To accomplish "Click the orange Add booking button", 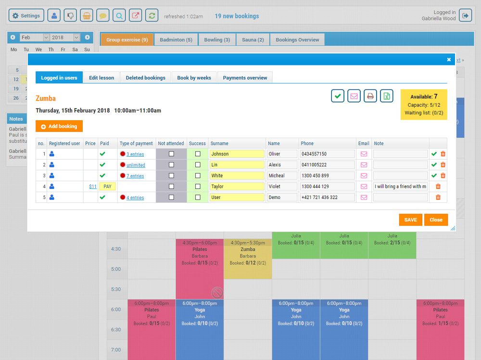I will pyautogui.click(x=59, y=126).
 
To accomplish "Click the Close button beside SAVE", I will pyautogui.click(x=436, y=220).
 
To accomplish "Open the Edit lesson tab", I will pyautogui.click(x=101, y=77).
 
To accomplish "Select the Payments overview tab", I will pyautogui.click(x=245, y=77).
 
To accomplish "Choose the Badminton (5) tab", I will pyautogui.click(x=176, y=40).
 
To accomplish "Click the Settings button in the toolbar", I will pyautogui.click(x=26, y=16).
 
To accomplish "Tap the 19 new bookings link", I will pyautogui.click(x=237, y=16).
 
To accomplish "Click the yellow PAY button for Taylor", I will pyautogui.click(x=108, y=186).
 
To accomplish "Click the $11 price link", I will pyautogui.click(x=93, y=186).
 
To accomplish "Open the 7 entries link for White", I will pyautogui.click(x=135, y=176).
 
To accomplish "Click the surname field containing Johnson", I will pyautogui.click(x=237, y=154).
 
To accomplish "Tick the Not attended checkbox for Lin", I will pyautogui.click(x=171, y=165).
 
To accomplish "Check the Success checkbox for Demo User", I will pyautogui.click(x=198, y=198).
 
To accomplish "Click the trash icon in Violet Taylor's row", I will pyautogui.click(x=438, y=186).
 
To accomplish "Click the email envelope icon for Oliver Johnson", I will pyautogui.click(x=364, y=154).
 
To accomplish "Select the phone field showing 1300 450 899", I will pyautogui.click(x=327, y=176).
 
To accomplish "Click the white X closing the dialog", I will pyautogui.click(x=449, y=60).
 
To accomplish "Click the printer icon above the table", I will pyautogui.click(x=370, y=96).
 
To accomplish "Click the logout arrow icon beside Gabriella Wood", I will pyautogui.click(x=465, y=16).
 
